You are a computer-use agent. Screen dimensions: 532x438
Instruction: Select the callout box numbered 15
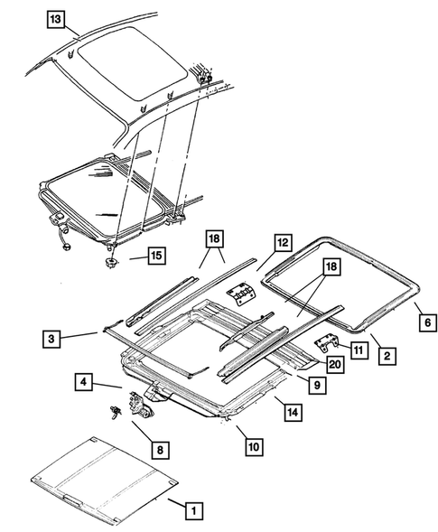(156, 257)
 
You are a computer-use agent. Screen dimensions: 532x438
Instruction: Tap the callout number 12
(282, 242)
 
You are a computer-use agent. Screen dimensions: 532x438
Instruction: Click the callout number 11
(359, 348)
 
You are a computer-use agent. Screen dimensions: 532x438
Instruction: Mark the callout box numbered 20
(336, 365)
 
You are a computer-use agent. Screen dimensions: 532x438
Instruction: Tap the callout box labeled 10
(250, 445)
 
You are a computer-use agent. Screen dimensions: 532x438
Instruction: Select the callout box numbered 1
(191, 510)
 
